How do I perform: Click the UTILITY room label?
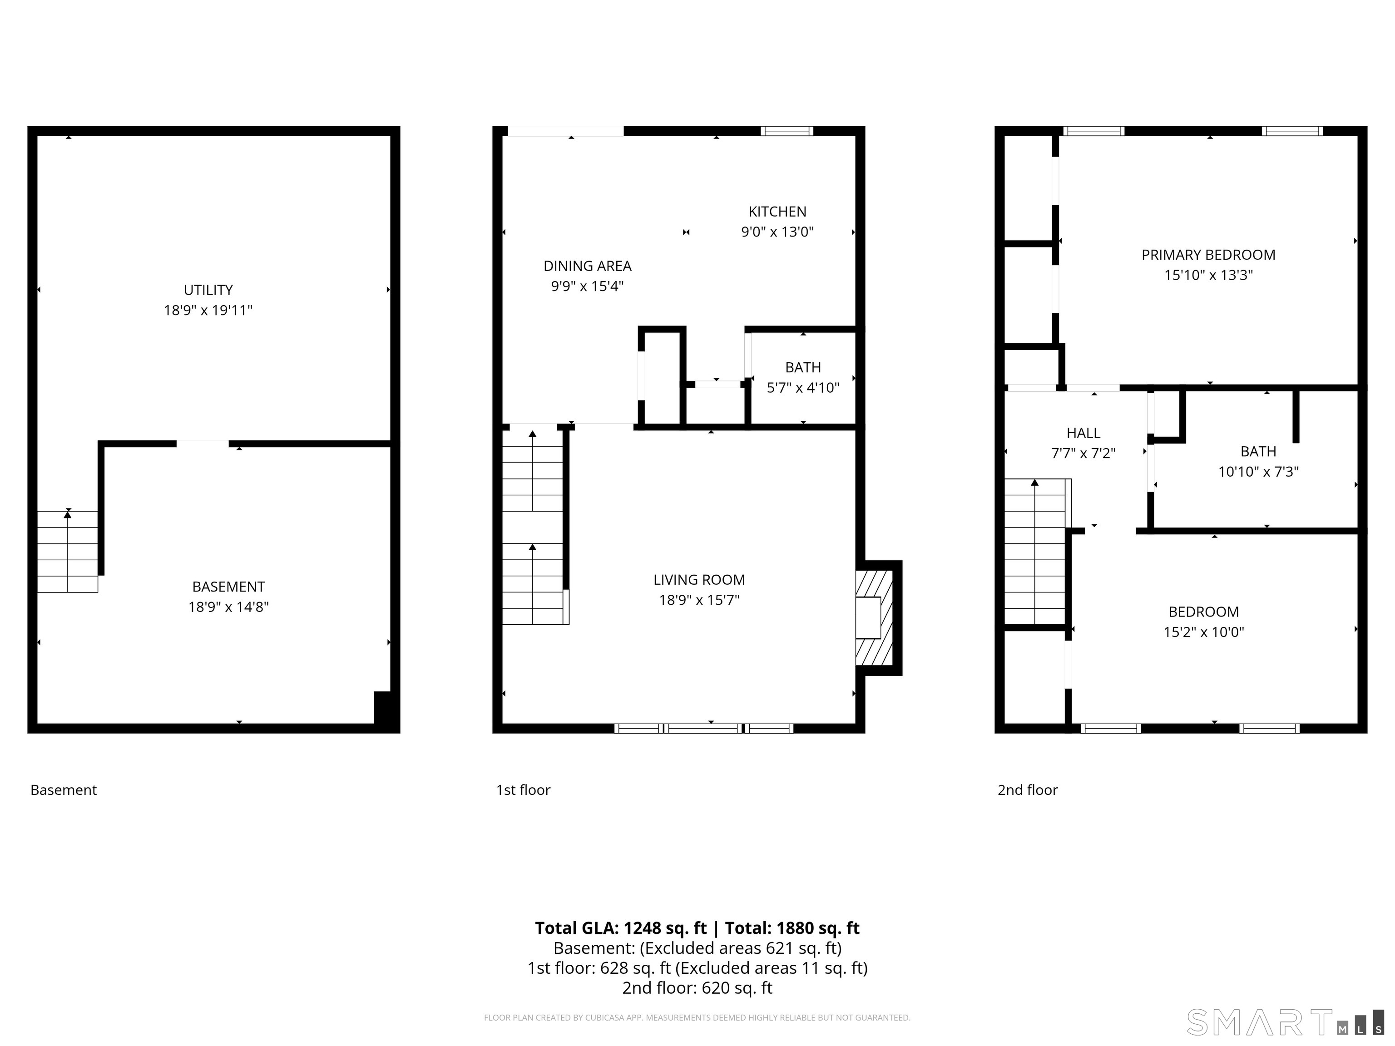click(208, 290)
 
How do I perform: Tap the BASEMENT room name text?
click(228, 587)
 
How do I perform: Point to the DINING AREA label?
click(587, 266)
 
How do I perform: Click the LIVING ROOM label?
click(699, 579)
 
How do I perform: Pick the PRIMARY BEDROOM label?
click(1208, 255)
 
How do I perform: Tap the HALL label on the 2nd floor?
click(1083, 433)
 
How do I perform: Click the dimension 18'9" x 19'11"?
click(208, 310)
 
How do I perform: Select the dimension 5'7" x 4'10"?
click(803, 388)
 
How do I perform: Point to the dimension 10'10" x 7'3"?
click(1258, 472)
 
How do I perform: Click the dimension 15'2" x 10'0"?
click(1203, 632)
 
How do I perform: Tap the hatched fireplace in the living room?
click(874, 618)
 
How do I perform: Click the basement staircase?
click(68, 552)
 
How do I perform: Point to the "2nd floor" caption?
click(1027, 790)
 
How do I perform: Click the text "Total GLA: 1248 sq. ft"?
click(621, 928)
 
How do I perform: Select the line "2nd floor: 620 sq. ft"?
click(697, 988)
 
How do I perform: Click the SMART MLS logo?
click(1285, 1023)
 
